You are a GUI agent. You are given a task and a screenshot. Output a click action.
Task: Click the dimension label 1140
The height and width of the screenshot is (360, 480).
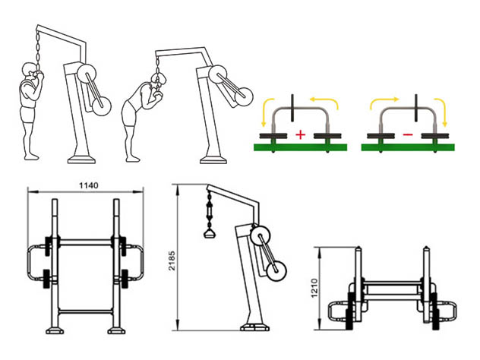[89, 185]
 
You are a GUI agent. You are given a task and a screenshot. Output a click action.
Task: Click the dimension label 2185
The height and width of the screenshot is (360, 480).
[172, 261]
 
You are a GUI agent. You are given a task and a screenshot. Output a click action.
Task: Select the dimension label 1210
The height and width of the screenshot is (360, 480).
[314, 288]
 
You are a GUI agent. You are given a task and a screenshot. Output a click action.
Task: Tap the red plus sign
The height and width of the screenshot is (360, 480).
[301, 134]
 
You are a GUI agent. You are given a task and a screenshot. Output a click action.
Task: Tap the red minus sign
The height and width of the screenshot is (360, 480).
[408, 134]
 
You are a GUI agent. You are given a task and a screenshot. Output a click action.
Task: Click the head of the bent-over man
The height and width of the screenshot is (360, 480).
[159, 79]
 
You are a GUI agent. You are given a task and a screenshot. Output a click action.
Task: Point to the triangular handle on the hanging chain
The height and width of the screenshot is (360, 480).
[210, 234]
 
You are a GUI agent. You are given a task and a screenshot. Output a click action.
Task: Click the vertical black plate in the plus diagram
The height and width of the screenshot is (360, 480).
[292, 107]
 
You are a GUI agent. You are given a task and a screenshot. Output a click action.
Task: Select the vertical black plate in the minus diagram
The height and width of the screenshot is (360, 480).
[416, 107]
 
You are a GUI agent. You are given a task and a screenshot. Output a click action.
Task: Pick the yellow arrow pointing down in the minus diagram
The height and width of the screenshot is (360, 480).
[442, 112]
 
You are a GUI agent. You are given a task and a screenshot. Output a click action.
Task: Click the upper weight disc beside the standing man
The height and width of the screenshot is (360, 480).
[87, 73]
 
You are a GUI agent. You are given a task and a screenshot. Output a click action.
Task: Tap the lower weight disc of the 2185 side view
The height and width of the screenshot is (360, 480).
[276, 270]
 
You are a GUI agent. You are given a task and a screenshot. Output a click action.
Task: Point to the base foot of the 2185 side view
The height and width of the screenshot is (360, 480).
[254, 327]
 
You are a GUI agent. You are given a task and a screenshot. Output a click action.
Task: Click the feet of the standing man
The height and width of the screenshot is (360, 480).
[32, 157]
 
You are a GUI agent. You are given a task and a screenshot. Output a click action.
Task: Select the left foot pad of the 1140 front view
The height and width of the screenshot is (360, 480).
[55, 330]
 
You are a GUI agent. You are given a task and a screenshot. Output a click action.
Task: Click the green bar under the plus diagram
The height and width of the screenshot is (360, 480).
[301, 147]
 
